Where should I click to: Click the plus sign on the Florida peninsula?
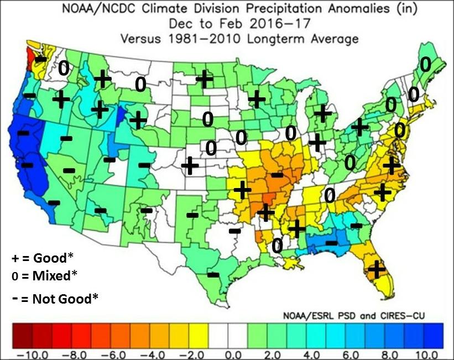(x=377, y=269)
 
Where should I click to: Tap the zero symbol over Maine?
(x=425, y=65)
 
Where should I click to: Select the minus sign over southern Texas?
(x=213, y=274)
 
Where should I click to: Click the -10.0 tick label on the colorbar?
(x=21, y=354)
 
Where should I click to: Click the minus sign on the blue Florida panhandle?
(x=331, y=243)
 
